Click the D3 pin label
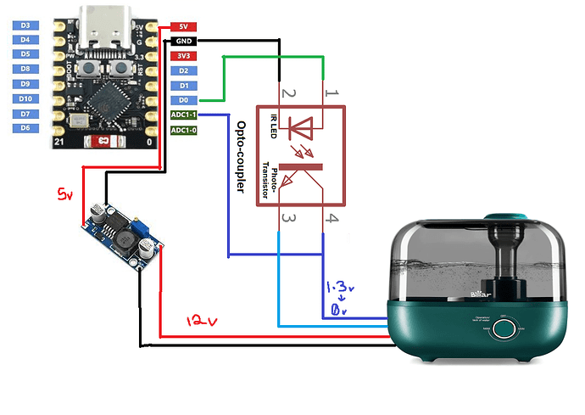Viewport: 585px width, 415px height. click(x=25, y=25)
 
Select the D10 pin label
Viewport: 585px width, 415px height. click(x=25, y=99)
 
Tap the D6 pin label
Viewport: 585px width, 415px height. click(x=25, y=128)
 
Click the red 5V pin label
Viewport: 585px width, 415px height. click(x=183, y=26)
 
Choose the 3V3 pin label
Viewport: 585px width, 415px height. click(x=183, y=56)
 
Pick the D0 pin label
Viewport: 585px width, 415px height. click(x=183, y=100)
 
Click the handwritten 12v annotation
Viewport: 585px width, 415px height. click(x=202, y=322)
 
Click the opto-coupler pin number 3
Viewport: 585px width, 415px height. click(x=288, y=219)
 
